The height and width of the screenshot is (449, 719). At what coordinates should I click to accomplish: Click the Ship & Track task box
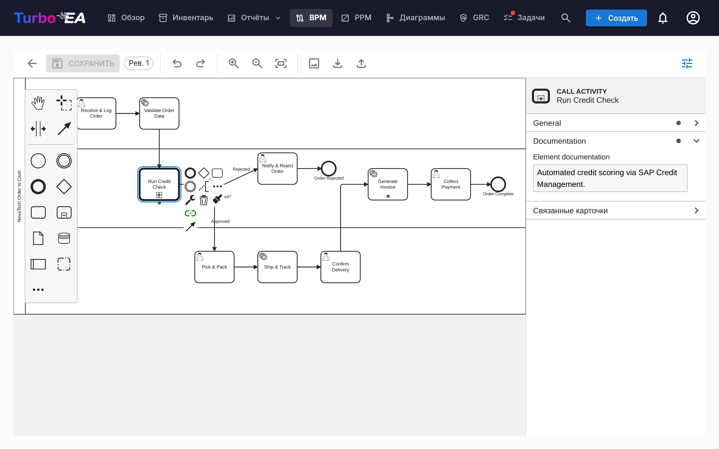[277, 267]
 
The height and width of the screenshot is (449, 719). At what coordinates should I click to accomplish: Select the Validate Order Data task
[159, 113]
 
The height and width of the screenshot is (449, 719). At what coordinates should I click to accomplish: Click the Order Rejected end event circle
[329, 169]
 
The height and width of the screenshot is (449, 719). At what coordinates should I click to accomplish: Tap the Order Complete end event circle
[498, 184]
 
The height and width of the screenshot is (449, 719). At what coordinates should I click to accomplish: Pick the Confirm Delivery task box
[340, 267]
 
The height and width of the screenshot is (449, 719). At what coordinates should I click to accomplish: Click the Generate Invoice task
[388, 184]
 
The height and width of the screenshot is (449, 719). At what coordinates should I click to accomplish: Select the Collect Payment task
[451, 184]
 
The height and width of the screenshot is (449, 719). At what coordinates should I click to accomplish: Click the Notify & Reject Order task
[277, 169]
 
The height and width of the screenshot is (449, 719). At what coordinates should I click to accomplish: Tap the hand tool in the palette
[38, 103]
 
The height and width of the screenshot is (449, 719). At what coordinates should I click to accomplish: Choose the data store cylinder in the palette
[64, 238]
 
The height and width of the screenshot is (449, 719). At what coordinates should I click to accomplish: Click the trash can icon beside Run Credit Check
[204, 200]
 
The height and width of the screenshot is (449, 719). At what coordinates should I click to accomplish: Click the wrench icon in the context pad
[190, 200]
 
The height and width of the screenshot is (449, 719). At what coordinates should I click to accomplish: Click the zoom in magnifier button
[233, 63]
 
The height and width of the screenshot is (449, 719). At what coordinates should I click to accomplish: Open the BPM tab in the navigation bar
[311, 18]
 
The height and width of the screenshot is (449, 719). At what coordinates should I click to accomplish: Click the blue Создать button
[616, 18]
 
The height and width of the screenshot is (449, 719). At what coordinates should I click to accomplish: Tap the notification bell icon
[663, 18]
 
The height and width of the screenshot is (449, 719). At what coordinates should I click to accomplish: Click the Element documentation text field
[610, 178]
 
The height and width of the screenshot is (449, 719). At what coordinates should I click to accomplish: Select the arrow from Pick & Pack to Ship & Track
[246, 267]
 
